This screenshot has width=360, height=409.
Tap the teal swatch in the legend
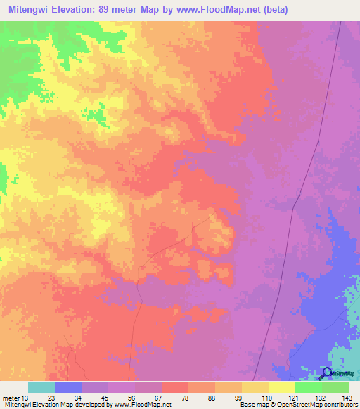[x=41, y=387]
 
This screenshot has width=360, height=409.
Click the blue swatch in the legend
[x=68, y=387]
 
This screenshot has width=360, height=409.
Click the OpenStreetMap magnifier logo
[x=328, y=374]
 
